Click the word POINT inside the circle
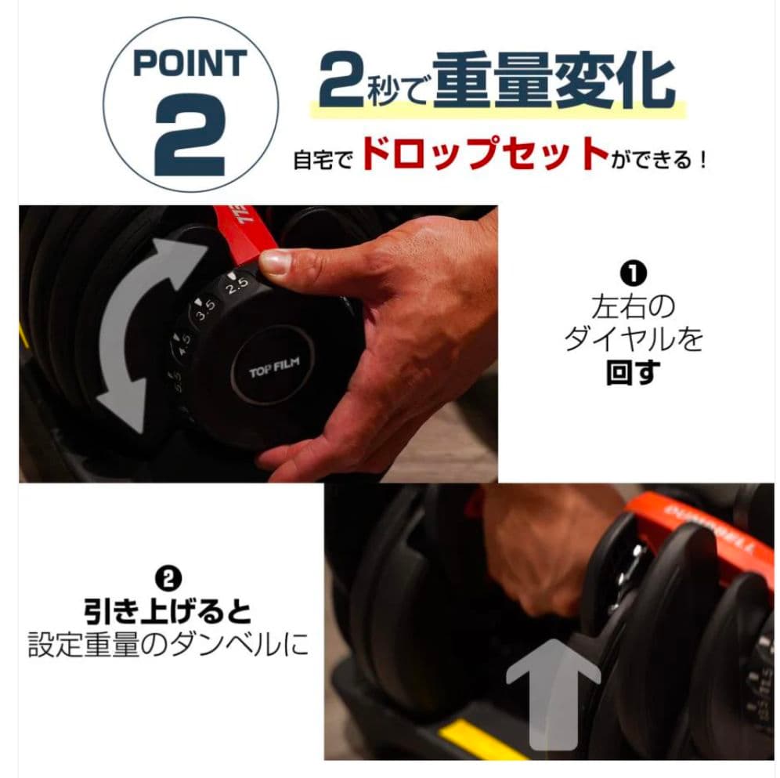190,63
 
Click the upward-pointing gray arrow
552,689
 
